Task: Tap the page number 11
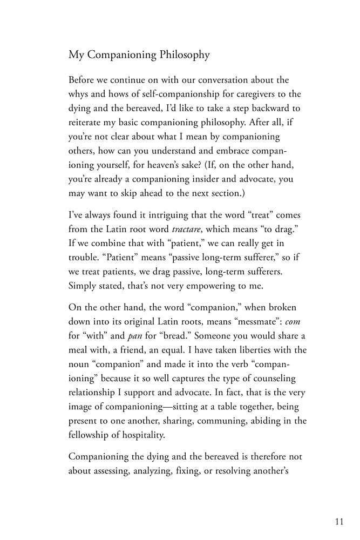click(x=338, y=522)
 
